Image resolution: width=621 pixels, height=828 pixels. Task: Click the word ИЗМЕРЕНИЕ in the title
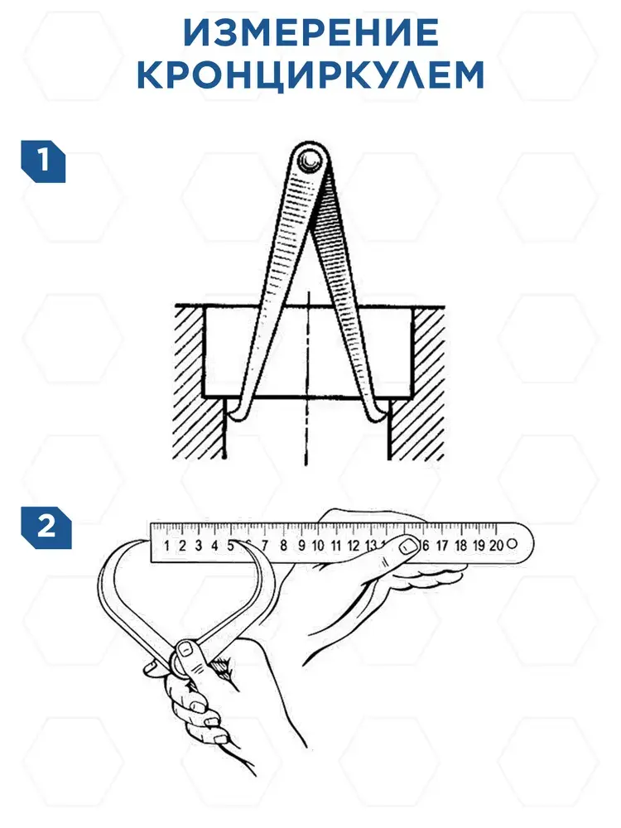coord(310,33)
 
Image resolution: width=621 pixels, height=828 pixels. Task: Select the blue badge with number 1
coord(43,161)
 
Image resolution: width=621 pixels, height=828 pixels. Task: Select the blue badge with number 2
coord(46,527)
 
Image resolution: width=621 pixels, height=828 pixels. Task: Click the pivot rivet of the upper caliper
coord(307,157)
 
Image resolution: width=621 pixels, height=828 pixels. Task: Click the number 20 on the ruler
coord(496,545)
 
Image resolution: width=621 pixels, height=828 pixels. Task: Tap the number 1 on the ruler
coord(167,546)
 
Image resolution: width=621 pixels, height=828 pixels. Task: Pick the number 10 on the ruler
coord(318,546)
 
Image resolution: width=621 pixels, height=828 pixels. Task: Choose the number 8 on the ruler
coord(283,546)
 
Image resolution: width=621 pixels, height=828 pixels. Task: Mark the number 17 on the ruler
coord(442,545)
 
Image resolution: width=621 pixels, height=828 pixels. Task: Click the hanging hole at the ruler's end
coord(512,543)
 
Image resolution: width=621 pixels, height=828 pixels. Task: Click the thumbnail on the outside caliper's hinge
coord(185,649)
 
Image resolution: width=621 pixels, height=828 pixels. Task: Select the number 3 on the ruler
coord(199,546)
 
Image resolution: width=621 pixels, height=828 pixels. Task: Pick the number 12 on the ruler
coord(354,546)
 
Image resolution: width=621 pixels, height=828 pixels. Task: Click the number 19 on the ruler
coord(479,545)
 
